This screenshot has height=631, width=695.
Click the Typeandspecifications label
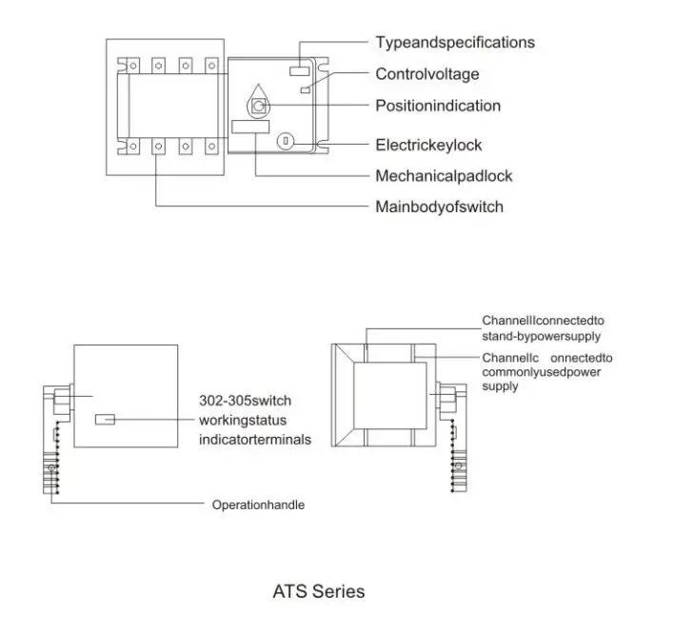coord(455,43)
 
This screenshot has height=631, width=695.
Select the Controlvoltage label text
coord(427,74)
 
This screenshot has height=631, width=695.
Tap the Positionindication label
coord(438,106)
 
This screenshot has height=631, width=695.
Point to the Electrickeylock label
coord(428,145)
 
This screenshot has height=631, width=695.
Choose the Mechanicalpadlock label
coord(444,176)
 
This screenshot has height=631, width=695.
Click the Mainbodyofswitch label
coord(439,207)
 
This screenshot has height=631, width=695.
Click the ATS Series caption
coord(319,591)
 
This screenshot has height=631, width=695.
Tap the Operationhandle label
coord(258,504)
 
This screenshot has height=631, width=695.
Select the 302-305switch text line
coord(245,401)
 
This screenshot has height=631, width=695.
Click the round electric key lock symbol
coord(286,142)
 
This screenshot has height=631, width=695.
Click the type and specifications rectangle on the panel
coord(300,70)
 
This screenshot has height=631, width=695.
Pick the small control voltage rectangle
coord(305,90)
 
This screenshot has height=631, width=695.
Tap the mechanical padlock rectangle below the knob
coord(250,127)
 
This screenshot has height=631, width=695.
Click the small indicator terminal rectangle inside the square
coord(105,419)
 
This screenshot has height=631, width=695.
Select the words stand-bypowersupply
coord(541,336)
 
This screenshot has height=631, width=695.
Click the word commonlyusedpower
coord(541,372)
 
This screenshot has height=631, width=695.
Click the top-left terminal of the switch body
coord(132,66)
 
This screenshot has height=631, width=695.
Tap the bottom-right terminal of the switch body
coord(212,147)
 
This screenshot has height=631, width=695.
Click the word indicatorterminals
coord(255,440)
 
